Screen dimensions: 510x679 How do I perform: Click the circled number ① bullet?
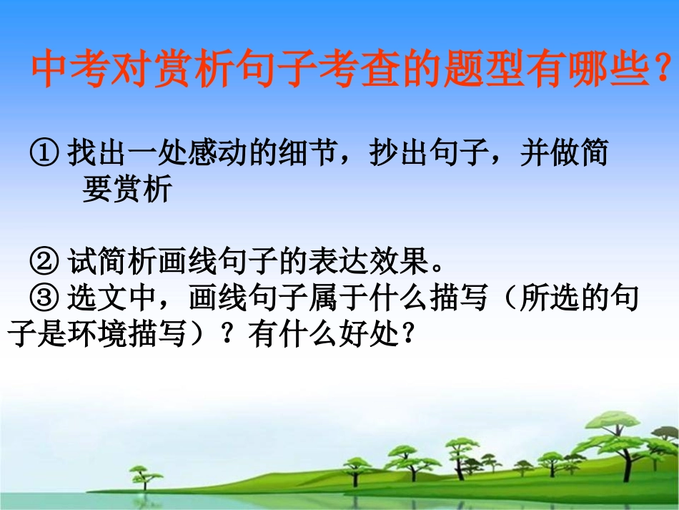[x=44, y=152]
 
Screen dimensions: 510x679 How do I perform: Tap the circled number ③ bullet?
[x=44, y=298]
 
